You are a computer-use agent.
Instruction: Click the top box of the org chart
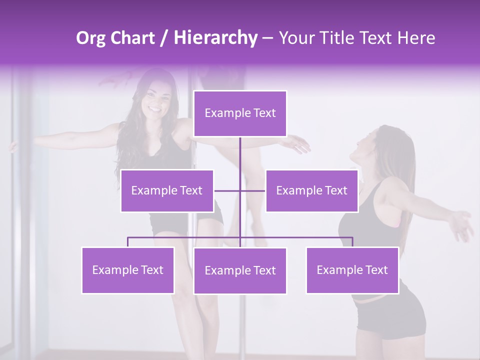[x=240, y=113]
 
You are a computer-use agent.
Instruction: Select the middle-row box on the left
[x=167, y=190]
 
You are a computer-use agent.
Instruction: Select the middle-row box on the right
[x=311, y=190]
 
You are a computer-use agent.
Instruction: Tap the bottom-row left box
[x=128, y=270]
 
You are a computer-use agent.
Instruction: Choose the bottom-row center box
[x=240, y=270]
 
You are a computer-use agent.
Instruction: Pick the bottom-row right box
[x=352, y=270]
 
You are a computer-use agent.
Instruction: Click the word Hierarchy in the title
[x=215, y=38]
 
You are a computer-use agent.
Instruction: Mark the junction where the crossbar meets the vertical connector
[x=240, y=190]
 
